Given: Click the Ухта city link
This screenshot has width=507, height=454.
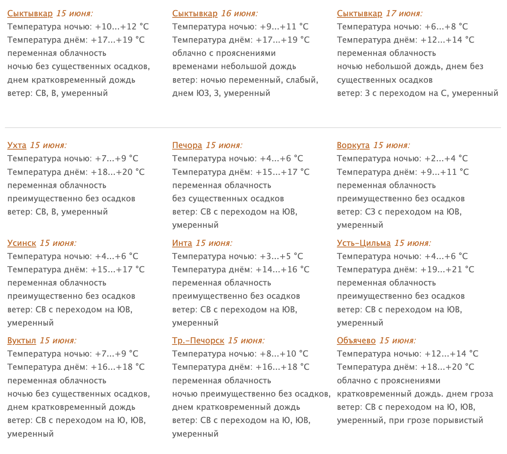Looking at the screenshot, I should [17, 145].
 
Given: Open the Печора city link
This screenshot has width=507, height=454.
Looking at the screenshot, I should [187, 145].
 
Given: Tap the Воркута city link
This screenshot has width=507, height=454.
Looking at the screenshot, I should [353, 145].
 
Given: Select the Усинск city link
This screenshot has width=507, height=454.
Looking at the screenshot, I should [22, 243].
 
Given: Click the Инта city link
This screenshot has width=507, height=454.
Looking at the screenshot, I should [182, 243].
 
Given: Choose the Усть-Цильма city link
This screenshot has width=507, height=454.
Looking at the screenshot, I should [364, 243].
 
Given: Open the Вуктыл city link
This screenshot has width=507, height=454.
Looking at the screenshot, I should [22, 341].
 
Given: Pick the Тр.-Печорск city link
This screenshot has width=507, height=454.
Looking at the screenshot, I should [198, 341].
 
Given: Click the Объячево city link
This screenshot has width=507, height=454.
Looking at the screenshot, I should [356, 341].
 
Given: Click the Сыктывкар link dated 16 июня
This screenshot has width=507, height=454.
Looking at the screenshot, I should [195, 14].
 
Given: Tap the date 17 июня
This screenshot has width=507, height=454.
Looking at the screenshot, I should [404, 14].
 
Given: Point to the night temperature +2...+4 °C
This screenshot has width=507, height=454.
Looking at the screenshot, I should [446, 159].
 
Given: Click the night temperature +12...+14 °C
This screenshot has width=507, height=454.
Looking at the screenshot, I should [451, 354].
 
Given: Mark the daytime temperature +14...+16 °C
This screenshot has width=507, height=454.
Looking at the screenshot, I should [283, 270].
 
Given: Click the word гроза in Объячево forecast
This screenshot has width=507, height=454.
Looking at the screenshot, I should [482, 394].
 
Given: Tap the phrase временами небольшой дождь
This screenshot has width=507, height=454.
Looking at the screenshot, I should [234, 66].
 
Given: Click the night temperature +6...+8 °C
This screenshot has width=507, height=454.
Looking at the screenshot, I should [446, 27].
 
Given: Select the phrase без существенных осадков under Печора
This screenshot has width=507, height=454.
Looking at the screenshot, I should [228, 199].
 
